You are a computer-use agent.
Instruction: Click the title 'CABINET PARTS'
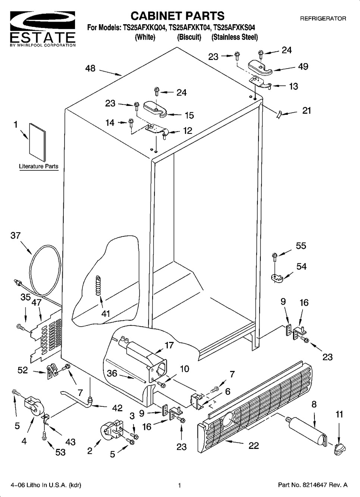click(x=177, y=16)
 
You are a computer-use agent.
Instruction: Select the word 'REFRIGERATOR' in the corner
click(x=323, y=18)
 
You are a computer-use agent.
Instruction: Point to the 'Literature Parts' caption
click(x=39, y=166)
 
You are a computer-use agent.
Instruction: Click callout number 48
click(x=90, y=68)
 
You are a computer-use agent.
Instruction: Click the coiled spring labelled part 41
click(x=99, y=285)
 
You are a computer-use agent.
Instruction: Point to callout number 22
click(x=254, y=445)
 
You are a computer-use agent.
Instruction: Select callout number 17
click(x=169, y=345)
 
